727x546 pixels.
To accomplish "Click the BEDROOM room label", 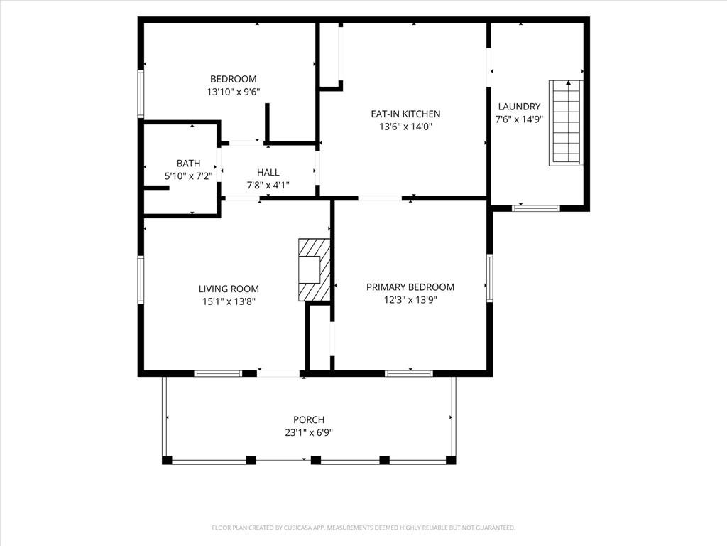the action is tap(233, 79).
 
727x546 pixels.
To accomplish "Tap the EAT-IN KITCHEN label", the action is tap(405, 114).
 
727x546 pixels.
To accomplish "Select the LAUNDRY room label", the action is tap(519, 107).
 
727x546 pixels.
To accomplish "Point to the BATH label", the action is tap(189, 164).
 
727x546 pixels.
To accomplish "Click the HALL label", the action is tap(268, 172).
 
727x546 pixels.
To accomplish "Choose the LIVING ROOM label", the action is tap(229, 289).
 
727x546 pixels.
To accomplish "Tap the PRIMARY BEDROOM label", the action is tap(410, 287).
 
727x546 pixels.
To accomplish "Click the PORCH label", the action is tap(309, 419).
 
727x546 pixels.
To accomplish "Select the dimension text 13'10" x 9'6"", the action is tap(233, 92).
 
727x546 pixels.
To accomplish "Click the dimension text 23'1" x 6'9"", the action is tap(309, 433).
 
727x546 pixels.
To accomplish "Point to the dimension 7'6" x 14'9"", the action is tap(519, 119).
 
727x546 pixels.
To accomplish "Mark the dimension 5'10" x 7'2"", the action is tap(189, 176).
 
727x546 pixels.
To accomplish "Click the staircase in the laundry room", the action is tap(566, 122).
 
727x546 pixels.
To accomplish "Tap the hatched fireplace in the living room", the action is tap(315, 269).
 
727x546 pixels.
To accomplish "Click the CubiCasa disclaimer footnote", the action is tap(363, 528).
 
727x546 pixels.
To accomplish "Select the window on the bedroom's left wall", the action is tap(141, 94).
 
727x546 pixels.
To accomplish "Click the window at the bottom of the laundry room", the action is tap(536, 208).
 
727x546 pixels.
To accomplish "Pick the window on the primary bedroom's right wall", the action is tap(490, 278).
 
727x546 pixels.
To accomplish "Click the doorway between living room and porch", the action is tap(278, 373).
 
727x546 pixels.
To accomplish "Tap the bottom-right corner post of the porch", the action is tap(451, 460).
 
